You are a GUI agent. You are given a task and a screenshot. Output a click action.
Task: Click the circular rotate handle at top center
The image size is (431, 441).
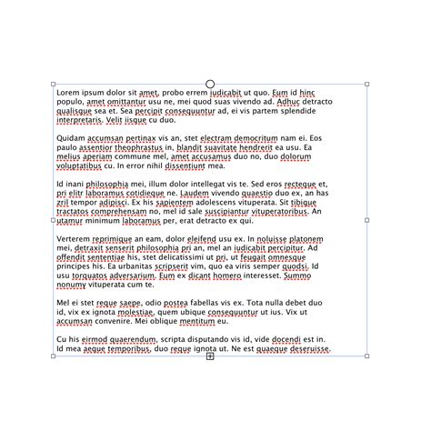[x=210, y=85]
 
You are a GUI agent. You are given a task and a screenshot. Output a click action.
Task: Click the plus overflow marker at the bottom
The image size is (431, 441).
[x=210, y=356]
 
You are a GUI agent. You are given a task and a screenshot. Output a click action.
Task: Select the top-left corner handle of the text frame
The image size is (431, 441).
[x=53, y=85]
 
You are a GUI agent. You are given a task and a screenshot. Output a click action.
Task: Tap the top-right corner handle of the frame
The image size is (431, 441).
[x=367, y=85]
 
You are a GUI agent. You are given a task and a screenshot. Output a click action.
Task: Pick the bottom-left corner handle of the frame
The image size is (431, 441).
[x=53, y=356]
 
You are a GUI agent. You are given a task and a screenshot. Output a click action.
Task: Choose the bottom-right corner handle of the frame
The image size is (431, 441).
[x=367, y=356]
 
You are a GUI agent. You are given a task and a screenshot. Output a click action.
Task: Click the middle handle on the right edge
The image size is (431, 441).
[x=367, y=220]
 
